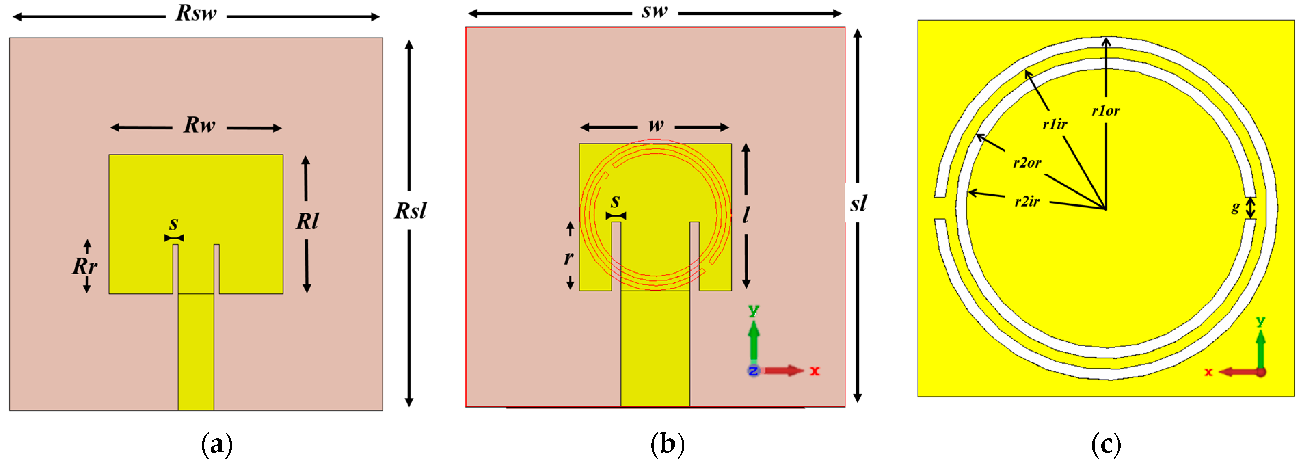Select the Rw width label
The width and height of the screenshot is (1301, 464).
(200, 125)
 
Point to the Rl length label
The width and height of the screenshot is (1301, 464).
(307, 221)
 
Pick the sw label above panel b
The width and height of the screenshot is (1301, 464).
(655, 11)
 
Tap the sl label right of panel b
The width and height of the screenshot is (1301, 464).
(858, 204)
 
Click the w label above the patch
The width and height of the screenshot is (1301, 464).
(656, 125)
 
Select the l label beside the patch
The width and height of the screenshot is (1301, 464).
(746, 215)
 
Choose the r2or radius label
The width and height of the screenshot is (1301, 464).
(1027, 163)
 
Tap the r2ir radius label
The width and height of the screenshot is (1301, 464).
(1027, 202)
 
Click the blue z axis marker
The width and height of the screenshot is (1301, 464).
(753, 371)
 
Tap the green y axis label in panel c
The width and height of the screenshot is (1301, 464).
(1261, 321)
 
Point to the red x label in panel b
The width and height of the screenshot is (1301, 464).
(815, 371)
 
